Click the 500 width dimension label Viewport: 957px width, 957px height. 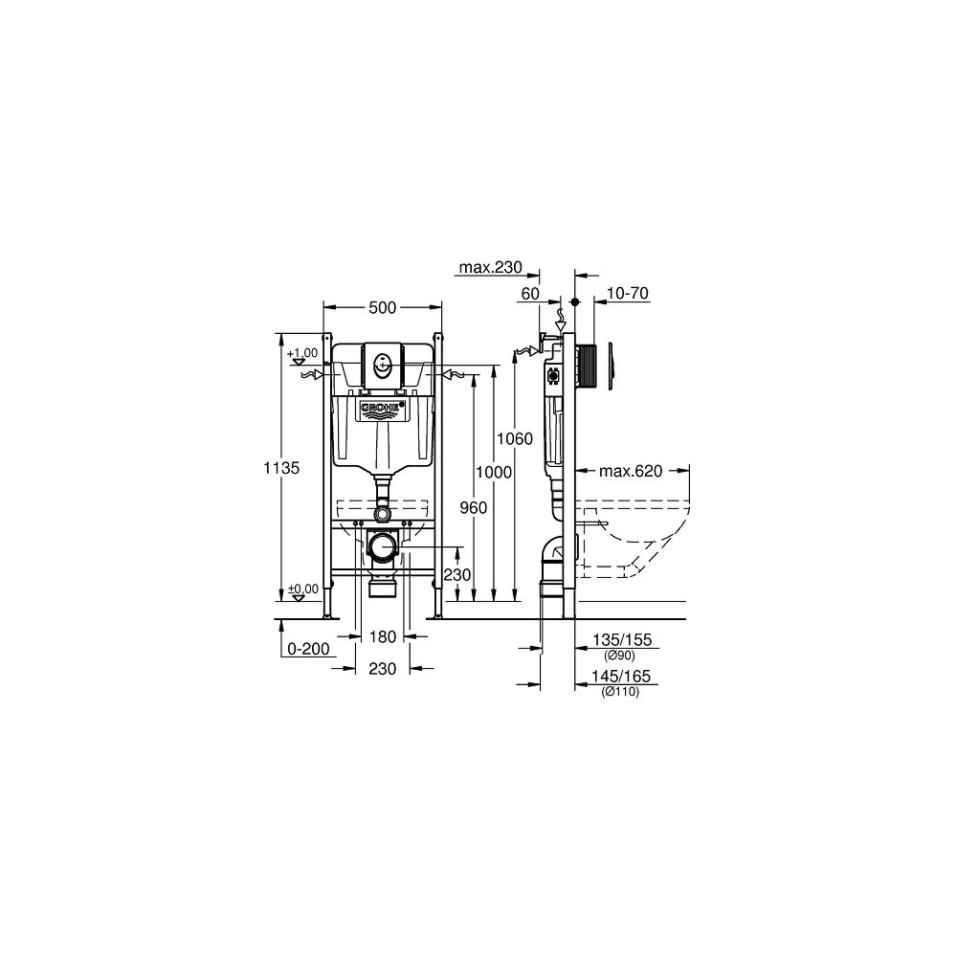(383, 308)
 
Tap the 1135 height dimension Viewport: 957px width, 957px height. (281, 468)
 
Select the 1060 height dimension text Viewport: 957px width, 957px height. (515, 439)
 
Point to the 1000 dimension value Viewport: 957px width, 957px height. (494, 473)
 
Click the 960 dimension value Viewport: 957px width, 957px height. (474, 508)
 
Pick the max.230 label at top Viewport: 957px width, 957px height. (491, 267)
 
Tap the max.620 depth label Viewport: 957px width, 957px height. (631, 471)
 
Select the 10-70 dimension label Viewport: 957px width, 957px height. (628, 294)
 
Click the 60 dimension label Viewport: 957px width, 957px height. (530, 294)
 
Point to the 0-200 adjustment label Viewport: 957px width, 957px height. (308, 649)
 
